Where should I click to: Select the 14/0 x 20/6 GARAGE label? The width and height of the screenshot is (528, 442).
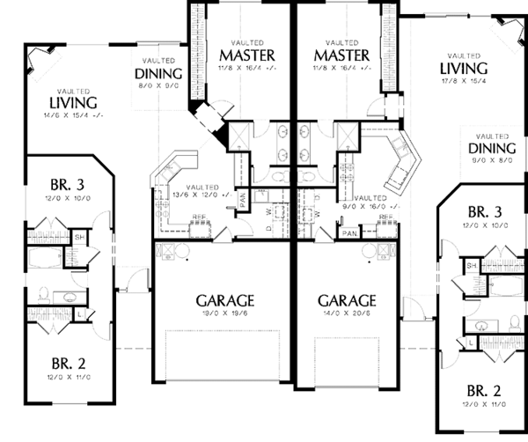[348, 299]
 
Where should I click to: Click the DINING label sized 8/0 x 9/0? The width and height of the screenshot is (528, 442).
[158, 74]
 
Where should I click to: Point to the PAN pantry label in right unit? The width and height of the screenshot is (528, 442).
[349, 232]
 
